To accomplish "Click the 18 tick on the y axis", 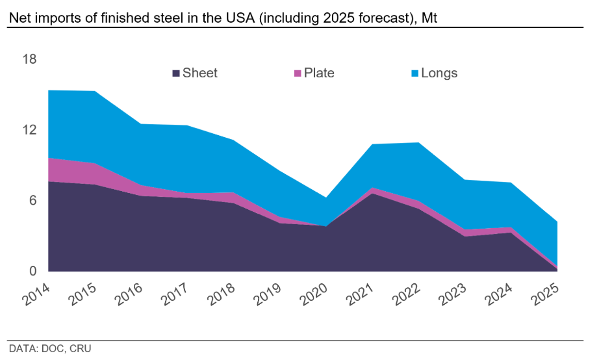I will coord(30,60).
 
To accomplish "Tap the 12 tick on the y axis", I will coord(30,130).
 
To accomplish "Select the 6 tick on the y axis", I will coord(33,200).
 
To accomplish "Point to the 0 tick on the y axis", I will coord(33,271).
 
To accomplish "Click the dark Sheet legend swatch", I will coord(176,73).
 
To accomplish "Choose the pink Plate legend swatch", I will coord(298,73).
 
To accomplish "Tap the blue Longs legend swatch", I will coord(414,73).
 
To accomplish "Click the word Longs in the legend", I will coord(439,73).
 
